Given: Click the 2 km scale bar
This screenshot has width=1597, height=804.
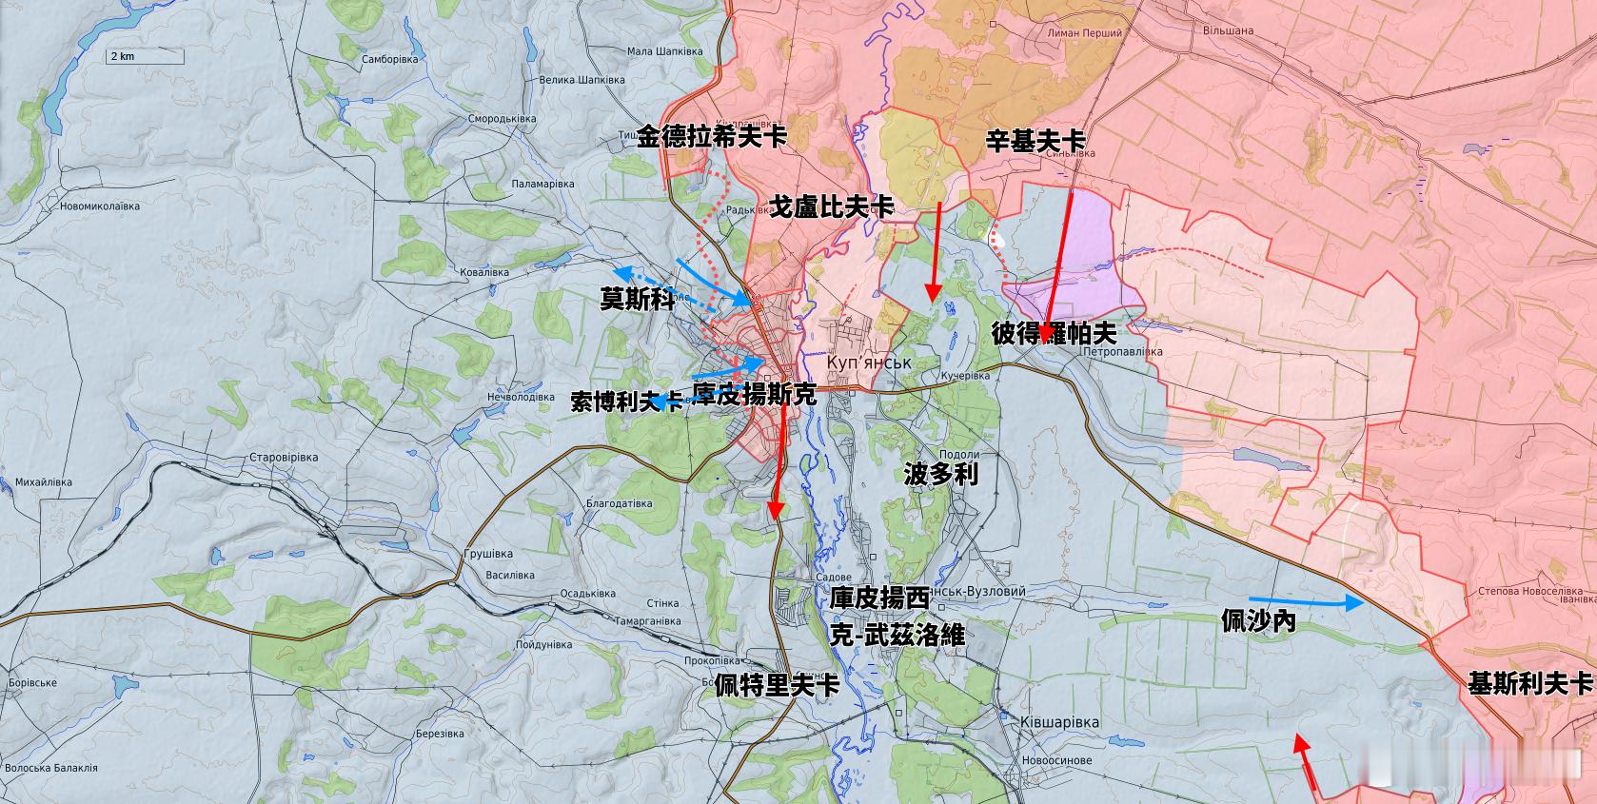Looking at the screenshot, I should pos(144,57).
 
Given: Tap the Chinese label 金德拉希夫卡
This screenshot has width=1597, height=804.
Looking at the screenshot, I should pos(712,137).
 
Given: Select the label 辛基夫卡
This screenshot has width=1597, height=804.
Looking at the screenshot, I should pos(1035,142).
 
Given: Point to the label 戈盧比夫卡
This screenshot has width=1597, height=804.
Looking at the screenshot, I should pos(832,206).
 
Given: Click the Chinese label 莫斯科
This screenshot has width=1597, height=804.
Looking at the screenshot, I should pos(637,299).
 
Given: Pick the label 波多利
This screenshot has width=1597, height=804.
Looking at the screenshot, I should pos(940,475).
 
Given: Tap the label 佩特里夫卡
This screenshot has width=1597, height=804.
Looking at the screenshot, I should pos(777,685).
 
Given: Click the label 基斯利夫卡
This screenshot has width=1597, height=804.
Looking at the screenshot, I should pos(1529,683).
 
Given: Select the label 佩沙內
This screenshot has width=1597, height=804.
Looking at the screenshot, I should pos(1258,621).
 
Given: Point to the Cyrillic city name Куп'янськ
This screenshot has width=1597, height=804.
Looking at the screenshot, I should pos(869,363).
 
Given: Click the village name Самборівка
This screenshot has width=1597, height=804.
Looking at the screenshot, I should pos(390,59).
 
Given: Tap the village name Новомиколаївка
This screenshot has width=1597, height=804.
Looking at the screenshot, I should pos(99,206).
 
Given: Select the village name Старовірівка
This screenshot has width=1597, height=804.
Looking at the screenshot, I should pos(283,458).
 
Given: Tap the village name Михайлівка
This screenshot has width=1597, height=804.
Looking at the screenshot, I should pos(44,482).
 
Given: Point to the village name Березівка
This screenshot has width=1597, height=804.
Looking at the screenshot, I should pos(439,734).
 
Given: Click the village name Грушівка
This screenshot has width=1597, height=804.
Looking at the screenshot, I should pos(487,554).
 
